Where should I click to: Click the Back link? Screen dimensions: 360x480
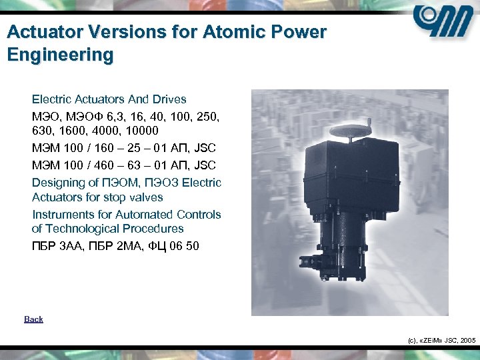33,319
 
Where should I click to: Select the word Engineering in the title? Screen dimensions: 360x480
60,54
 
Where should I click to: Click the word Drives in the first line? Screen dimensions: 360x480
169,99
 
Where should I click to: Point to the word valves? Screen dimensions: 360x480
147,197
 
